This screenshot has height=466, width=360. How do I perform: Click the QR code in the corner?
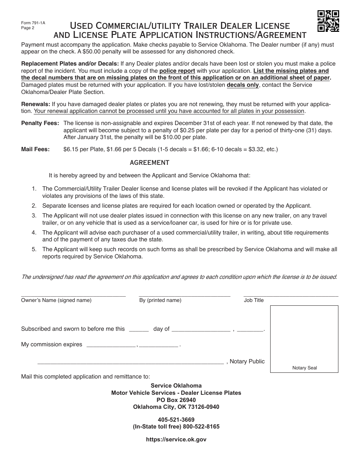coord(328,21)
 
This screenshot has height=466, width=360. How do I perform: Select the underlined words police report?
coord(177,71)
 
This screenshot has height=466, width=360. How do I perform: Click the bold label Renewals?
coord(36,104)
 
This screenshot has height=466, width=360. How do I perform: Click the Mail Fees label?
coord(36,149)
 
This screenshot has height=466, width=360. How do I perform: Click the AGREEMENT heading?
coord(149,163)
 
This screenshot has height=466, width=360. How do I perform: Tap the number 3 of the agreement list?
coord(34,216)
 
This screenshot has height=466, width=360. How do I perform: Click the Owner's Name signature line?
coord(73,295)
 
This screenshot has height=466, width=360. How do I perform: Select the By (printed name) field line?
coord(184,295)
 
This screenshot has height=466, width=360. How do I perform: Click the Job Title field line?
coord(291,295)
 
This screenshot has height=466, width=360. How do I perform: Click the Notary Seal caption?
coord(304,368)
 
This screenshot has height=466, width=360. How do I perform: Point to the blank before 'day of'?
coord(139,330)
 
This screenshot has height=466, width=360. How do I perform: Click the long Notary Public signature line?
coord(130,363)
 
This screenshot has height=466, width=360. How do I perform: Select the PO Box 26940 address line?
coord(176,400)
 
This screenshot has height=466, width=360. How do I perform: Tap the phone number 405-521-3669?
coord(176,419)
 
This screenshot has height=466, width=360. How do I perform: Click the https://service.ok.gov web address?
coord(176,439)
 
